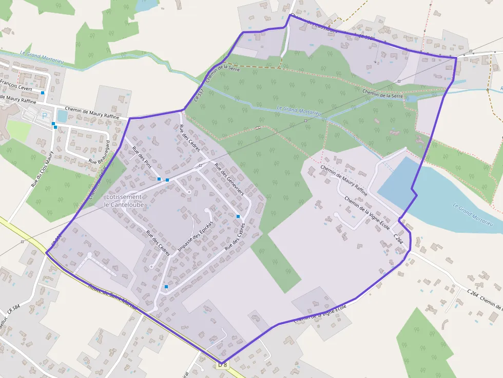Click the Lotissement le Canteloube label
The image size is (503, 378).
click(124, 201)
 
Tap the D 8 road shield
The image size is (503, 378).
click(222, 365)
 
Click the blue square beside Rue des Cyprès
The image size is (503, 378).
click(238, 216)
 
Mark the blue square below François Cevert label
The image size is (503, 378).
click(43, 93)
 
